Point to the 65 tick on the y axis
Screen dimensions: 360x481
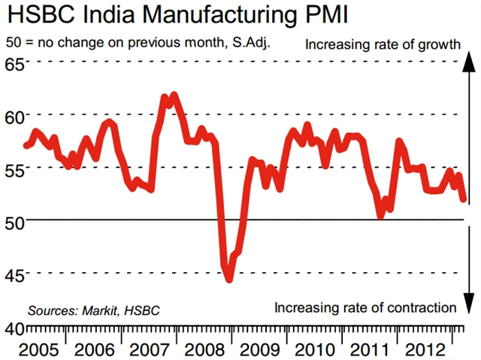[x=14, y=62]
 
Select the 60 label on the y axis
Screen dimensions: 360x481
[x=14, y=115]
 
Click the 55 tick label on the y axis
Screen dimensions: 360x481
[x=14, y=168]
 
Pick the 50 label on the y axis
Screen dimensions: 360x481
[x=14, y=220]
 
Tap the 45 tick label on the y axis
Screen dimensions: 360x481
[x=14, y=273]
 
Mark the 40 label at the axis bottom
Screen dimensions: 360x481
[x=14, y=328]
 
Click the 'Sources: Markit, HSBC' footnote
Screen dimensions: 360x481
[x=94, y=310]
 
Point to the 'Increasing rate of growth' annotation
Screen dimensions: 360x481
[x=382, y=44]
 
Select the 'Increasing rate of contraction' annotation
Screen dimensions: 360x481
[x=365, y=307]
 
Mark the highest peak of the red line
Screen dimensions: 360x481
[x=174, y=95]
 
